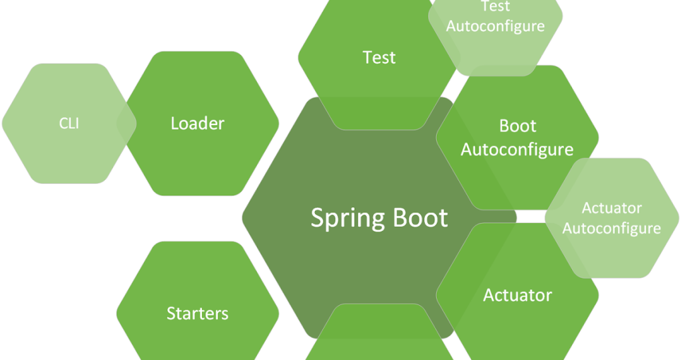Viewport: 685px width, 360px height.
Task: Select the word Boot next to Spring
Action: click(x=420, y=217)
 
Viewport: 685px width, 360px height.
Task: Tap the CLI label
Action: click(x=69, y=123)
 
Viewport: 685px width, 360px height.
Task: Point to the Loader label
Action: click(x=197, y=123)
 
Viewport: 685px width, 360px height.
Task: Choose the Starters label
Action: click(x=197, y=313)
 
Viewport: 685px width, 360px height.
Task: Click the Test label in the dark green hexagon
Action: click(x=379, y=58)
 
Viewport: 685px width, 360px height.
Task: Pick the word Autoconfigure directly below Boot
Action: click(x=517, y=149)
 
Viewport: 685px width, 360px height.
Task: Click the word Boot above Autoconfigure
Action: click(x=518, y=126)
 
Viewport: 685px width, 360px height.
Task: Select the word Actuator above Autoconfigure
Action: click(x=611, y=207)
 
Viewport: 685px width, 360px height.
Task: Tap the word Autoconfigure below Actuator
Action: click(x=611, y=228)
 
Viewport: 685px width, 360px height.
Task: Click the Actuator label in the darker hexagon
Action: click(x=517, y=294)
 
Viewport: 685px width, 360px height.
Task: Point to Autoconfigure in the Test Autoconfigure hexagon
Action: click(x=495, y=27)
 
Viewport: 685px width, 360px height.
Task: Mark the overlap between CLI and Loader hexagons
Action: click(x=126, y=123)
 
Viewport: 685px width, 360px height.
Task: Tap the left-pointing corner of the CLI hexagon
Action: click(x=3, y=123)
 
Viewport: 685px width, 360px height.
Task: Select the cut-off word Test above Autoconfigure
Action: click(x=495, y=7)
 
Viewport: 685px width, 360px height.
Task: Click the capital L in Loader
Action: click(x=175, y=123)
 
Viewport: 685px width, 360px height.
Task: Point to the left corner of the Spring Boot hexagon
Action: click(x=243, y=218)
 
